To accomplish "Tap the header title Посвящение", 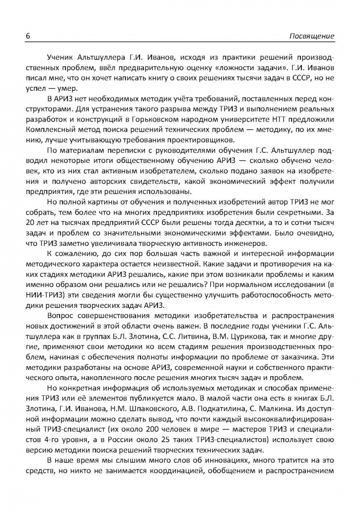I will (312, 36).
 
